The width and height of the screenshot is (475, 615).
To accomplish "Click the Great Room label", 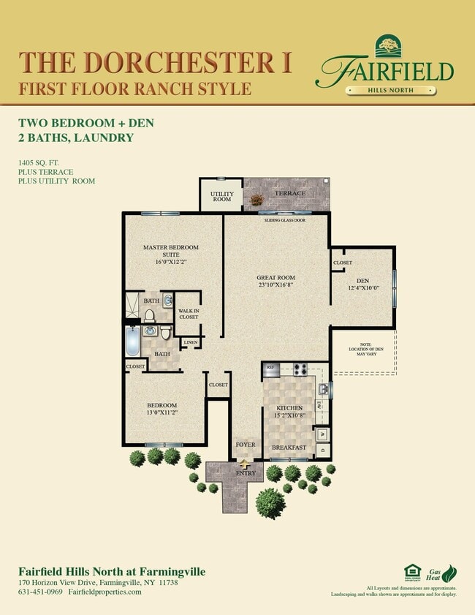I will point(275,278).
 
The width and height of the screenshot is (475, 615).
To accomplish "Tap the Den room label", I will point(362,281).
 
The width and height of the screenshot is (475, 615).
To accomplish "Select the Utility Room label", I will point(221,196).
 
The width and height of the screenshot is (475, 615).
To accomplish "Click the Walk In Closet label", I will point(189,314).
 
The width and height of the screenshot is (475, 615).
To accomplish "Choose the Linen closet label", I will point(191,342).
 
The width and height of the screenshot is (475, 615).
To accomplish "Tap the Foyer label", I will point(245,444).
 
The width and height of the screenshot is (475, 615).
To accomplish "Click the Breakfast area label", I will point(288,447).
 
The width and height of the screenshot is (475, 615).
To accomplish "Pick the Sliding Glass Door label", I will point(285,219).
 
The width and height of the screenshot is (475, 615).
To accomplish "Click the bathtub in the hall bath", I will point(132,342).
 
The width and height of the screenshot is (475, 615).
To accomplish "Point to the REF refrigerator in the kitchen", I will point(270,367).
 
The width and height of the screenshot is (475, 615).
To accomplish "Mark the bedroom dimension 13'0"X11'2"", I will point(161,412).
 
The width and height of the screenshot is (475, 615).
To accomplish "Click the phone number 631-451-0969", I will point(39,592).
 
